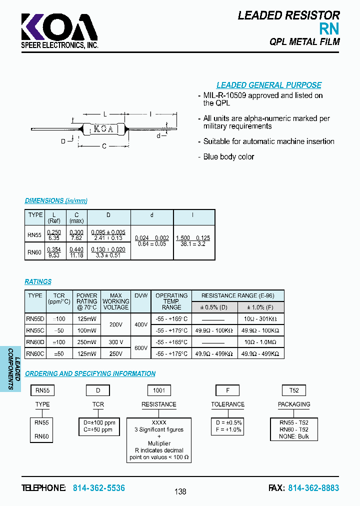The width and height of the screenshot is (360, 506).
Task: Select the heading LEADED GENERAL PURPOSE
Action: [x=268, y=85]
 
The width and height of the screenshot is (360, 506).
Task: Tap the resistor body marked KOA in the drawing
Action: [x=103, y=129]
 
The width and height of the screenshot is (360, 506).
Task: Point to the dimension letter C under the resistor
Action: [x=104, y=146]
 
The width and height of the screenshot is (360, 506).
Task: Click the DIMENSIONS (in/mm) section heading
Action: [x=56, y=201]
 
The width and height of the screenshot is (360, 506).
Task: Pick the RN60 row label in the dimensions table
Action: [x=35, y=252]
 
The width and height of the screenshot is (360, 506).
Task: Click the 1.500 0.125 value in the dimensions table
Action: [x=193, y=238]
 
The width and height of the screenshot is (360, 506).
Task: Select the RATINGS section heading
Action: [x=38, y=281]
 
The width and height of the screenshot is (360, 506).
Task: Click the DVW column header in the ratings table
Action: [x=141, y=295]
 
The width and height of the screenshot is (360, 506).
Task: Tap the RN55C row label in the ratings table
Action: [x=35, y=330]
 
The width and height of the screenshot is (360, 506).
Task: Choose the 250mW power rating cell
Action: [x=87, y=342]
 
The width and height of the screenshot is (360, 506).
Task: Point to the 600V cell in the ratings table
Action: [x=141, y=347]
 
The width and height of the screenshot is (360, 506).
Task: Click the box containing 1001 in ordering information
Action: [x=159, y=390]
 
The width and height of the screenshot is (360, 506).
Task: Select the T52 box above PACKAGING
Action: [x=294, y=390]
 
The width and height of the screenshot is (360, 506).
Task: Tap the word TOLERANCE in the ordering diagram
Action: [x=227, y=404]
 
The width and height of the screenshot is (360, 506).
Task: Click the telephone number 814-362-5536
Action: [x=99, y=488]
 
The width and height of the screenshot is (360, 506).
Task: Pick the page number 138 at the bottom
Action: [x=180, y=491]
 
